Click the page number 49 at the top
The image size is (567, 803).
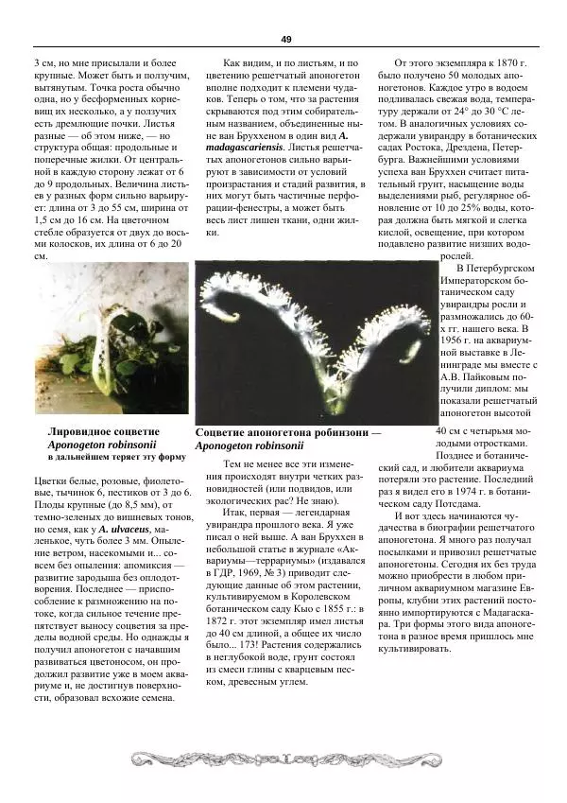click(x=285, y=39)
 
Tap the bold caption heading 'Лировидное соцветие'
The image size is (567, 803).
click(x=104, y=430)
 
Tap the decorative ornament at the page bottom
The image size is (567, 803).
click(x=283, y=758)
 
